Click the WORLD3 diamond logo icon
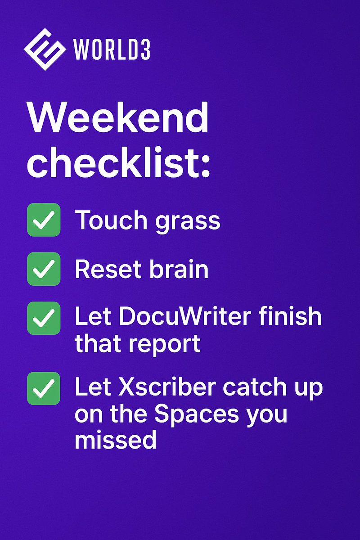pos(44,49)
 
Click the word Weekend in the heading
pos(118,118)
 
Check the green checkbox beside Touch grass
pos(44,220)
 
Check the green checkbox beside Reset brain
pos(44,269)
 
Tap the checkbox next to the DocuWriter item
pos(44,318)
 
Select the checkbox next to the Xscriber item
pos(44,388)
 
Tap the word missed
pos(116,441)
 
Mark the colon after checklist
pos(205,167)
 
